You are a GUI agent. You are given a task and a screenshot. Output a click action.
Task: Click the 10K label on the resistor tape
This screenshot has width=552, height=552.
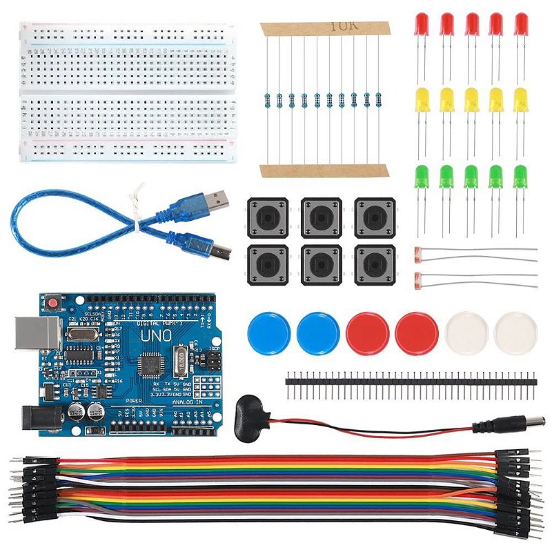click(x=341, y=26)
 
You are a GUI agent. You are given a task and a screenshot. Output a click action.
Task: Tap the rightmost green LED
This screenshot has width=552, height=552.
click(x=520, y=177)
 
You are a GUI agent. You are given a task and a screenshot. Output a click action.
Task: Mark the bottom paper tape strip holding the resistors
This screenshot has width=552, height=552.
click(x=324, y=170)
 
